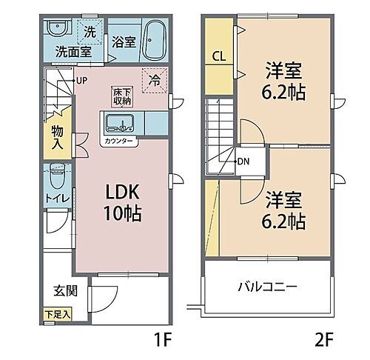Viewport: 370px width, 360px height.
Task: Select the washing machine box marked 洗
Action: click(89, 33)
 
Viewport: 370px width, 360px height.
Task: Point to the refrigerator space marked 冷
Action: click(155, 77)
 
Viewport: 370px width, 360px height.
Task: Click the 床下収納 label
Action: click(122, 96)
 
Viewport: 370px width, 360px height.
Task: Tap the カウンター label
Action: click(118, 139)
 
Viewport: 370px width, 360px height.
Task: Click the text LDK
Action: click(118, 190)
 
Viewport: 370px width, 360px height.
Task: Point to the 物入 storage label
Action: click(58, 137)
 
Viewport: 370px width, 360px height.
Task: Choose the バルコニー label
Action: click(268, 287)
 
